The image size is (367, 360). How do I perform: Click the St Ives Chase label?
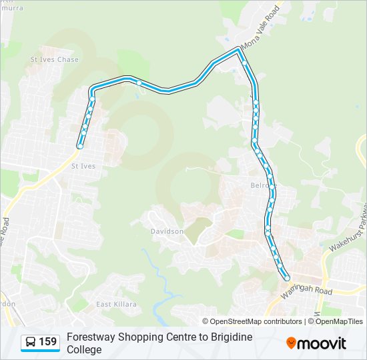point(55,59)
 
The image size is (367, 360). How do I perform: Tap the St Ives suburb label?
point(83,165)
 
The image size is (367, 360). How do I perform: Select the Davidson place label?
point(167,231)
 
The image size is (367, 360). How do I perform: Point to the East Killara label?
point(116,304)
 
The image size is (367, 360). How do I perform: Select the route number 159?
point(47,342)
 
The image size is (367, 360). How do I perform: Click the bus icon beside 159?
point(31,343)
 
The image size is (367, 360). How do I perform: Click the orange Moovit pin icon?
point(291,343)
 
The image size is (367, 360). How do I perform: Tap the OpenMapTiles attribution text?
point(338,321)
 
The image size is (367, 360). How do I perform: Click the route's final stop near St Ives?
point(79,146)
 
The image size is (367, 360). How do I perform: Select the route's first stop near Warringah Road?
point(288,278)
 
